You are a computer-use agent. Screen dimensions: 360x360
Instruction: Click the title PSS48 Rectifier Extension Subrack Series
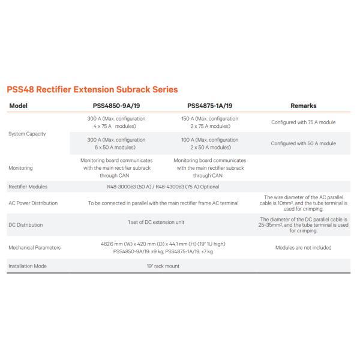92,89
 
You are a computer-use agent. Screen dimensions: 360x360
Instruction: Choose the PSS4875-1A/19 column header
210,106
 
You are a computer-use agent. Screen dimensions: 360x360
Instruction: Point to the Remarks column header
303,106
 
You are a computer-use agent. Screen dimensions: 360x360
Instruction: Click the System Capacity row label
28,133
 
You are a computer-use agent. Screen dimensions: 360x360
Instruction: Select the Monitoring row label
21,168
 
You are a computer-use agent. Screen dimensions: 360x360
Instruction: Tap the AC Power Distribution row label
34,203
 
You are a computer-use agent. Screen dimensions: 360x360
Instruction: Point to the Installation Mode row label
28,265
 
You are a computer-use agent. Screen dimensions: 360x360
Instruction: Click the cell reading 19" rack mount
163,265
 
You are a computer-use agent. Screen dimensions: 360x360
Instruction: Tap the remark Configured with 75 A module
303,122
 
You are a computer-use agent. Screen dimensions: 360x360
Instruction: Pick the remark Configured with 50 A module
303,143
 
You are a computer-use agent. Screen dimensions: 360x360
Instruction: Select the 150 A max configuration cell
210,122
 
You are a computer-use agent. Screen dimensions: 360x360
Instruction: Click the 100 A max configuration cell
210,143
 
